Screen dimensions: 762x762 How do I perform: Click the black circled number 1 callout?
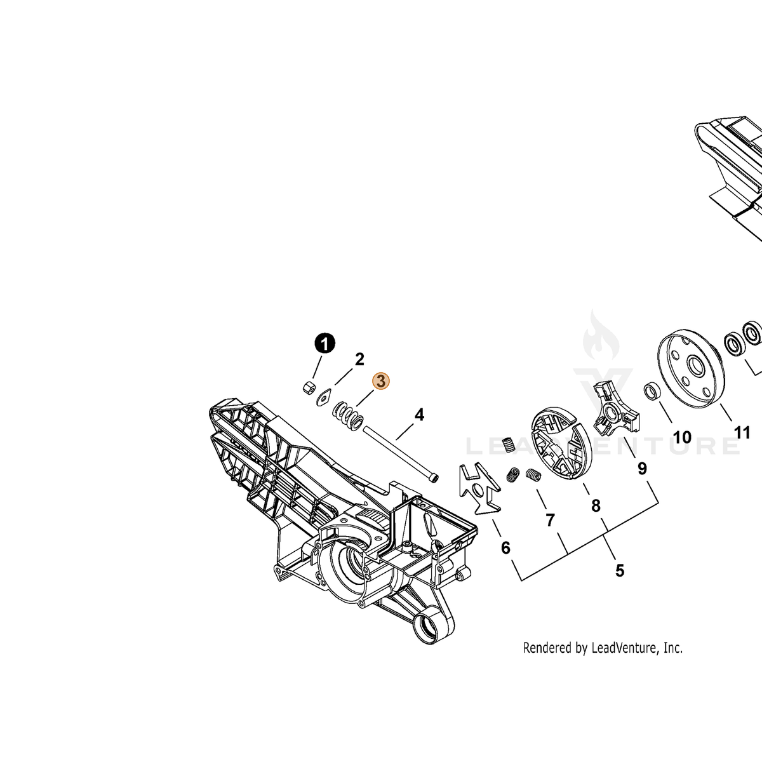click(324, 344)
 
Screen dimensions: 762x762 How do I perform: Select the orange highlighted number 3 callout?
click(381, 381)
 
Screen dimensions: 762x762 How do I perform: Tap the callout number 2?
click(359, 359)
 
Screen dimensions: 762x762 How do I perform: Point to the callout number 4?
click(419, 415)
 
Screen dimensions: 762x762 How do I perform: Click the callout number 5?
click(620, 571)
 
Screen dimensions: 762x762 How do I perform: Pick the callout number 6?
click(505, 547)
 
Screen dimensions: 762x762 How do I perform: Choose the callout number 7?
click(550, 521)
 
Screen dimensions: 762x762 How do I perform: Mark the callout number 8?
click(596, 505)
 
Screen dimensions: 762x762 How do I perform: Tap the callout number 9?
click(642, 469)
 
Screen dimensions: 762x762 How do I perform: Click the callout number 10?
click(682, 438)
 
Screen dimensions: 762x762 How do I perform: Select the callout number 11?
click(742, 433)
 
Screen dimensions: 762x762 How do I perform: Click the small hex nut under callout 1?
click(309, 387)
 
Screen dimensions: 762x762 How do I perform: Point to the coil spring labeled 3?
click(347, 415)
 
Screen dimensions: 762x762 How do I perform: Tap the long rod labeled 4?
click(400, 453)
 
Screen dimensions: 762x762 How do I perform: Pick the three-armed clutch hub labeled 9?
click(617, 411)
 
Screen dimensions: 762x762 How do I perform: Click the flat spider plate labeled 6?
click(479, 489)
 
